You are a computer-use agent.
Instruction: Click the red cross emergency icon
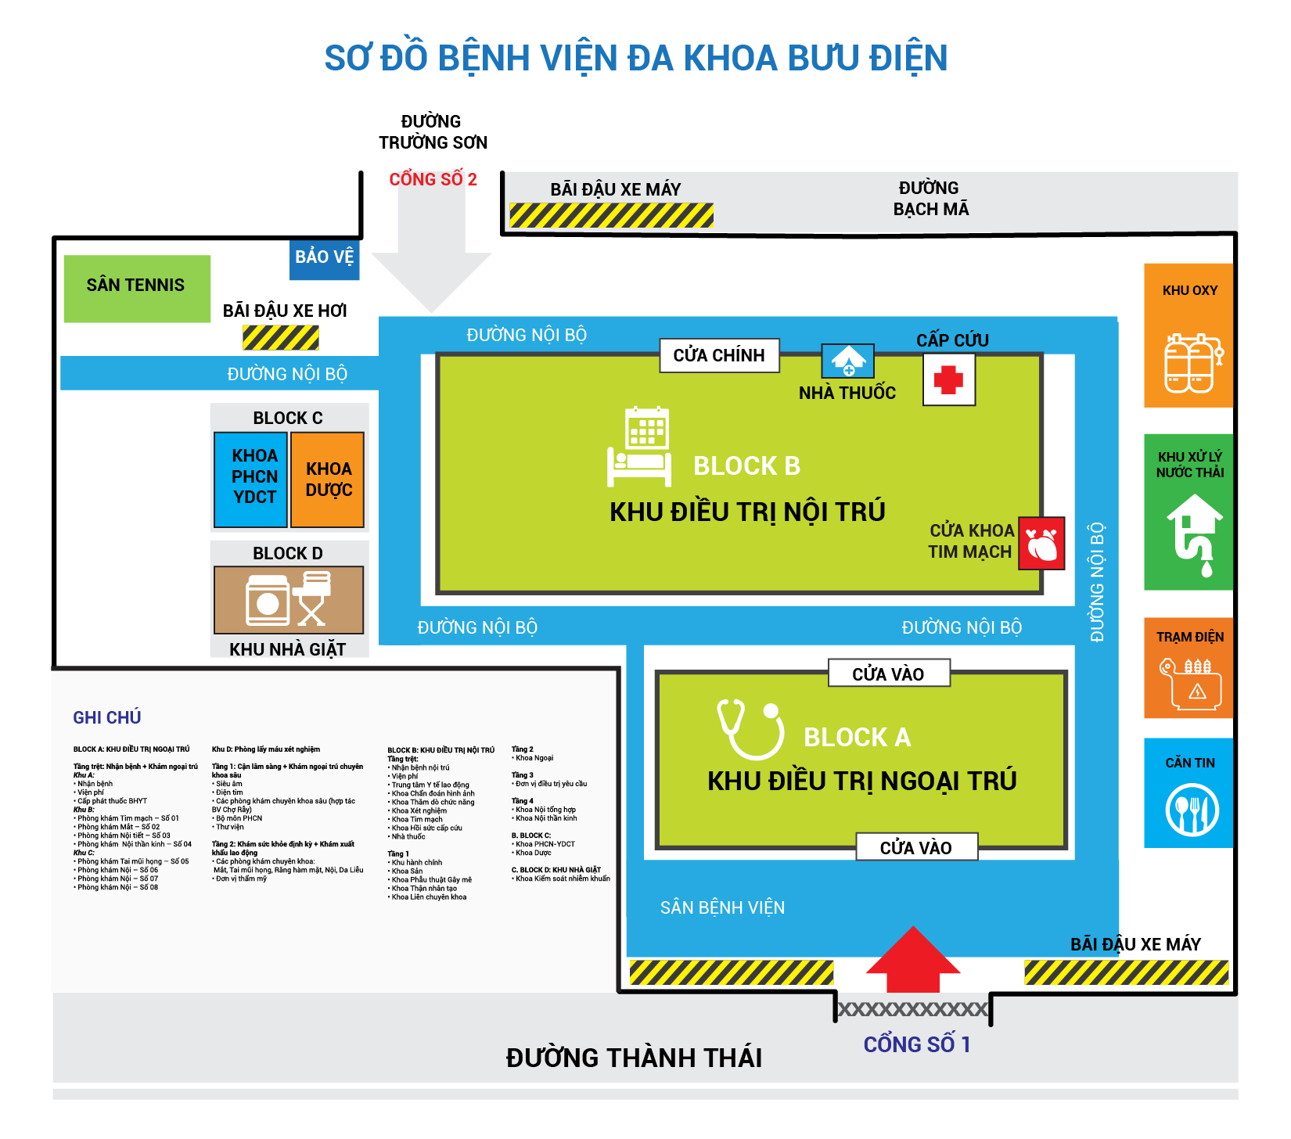(948, 379)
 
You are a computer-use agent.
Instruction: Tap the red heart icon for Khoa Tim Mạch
(1041, 544)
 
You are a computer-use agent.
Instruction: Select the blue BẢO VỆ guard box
(324, 259)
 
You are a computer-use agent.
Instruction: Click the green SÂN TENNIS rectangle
(136, 288)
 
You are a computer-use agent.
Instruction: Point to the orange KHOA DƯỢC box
(328, 480)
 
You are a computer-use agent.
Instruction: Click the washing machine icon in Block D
(268, 600)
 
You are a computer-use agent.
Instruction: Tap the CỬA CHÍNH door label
(719, 355)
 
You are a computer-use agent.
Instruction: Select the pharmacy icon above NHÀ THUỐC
(848, 361)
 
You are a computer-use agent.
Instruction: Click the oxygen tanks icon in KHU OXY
(1190, 363)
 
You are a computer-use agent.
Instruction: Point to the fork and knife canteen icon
(1192, 810)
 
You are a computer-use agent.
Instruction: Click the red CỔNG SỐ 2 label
(433, 179)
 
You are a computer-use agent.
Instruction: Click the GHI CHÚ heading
(107, 717)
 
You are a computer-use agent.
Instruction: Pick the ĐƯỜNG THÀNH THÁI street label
(634, 1058)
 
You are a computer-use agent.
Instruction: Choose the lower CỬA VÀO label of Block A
(916, 847)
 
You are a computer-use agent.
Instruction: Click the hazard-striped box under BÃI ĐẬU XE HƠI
(281, 337)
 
